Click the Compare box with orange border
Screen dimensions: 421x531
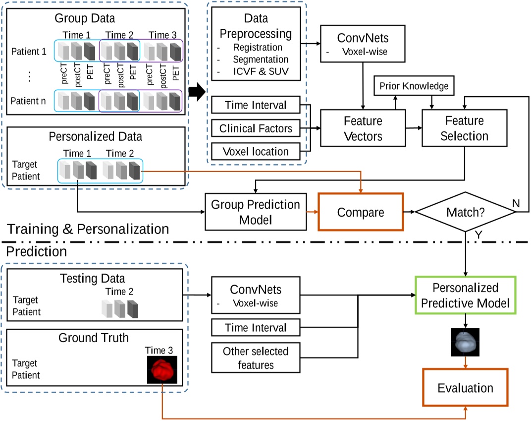(361, 212)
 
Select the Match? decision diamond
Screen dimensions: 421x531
(466, 212)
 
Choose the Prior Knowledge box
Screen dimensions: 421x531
(414, 86)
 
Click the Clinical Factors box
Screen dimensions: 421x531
(256, 128)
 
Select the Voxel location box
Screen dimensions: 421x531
(256, 152)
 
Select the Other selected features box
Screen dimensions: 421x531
(256, 358)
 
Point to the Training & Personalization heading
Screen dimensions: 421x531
(87, 229)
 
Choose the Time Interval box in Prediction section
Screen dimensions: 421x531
(256, 327)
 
